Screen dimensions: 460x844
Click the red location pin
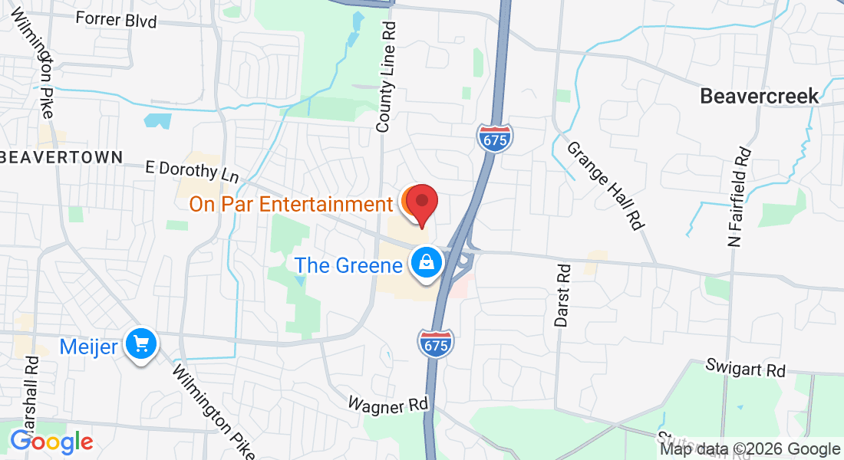(x=421, y=203)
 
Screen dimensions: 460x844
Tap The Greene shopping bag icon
(x=427, y=263)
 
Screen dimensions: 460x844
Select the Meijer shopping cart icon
(x=140, y=345)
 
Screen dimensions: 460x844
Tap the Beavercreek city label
(x=759, y=96)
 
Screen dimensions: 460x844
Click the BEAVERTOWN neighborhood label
(x=62, y=157)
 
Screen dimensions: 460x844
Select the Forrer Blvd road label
(x=117, y=20)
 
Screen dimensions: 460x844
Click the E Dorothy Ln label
(x=193, y=171)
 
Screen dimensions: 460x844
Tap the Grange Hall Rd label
(x=605, y=185)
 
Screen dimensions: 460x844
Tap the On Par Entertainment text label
(x=291, y=205)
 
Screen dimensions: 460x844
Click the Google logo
(x=51, y=442)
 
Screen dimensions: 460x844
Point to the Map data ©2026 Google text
(x=750, y=449)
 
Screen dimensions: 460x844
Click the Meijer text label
(x=88, y=347)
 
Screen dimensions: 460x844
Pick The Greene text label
(x=349, y=265)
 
